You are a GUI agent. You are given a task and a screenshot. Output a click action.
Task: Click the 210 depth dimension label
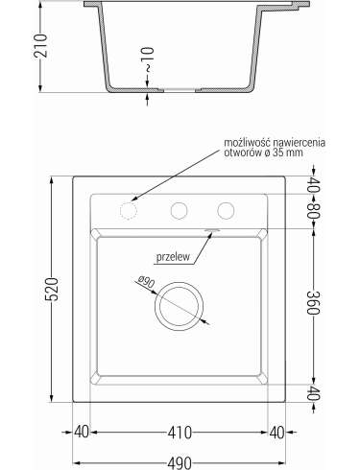click(x=40, y=45)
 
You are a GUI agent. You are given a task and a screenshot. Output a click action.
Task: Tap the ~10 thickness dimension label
click(x=148, y=59)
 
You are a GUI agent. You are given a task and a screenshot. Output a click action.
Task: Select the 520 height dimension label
click(x=52, y=290)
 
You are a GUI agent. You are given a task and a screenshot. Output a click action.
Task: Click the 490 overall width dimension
click(x=180, y=463)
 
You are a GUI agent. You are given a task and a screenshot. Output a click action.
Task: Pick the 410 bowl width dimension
click(x=180, y=433)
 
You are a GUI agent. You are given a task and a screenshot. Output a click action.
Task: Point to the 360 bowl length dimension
click(x=313, y=303)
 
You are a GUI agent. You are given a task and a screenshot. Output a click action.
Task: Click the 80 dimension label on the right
click(x=313, y=211)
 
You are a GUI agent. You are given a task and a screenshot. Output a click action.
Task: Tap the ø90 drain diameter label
click(x=147, y=281)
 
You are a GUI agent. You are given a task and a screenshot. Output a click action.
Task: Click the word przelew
click(x=173, y=256)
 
